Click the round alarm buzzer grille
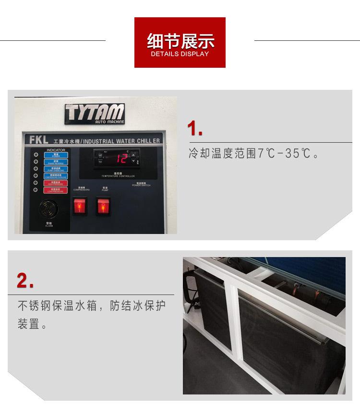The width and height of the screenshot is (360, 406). point(49,209)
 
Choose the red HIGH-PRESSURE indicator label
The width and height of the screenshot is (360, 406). point(56,183)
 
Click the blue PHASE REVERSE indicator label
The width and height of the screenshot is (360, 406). point(56,162)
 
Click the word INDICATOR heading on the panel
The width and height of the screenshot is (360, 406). point(56,150)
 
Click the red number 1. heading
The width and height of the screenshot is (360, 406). point(195,129)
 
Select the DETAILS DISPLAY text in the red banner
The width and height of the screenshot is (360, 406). point(180,54)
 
